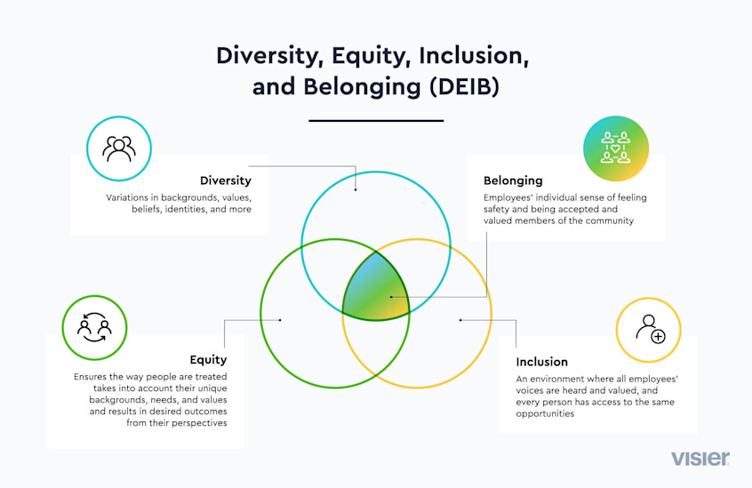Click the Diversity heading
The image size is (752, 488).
coord(225,181)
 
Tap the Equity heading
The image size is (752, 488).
coord(208,360)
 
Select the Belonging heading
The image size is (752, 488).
coord(513,180)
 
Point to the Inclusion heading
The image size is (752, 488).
coord(542,362)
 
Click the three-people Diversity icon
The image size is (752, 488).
coord(118,148)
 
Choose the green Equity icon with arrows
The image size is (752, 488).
coord(94,326)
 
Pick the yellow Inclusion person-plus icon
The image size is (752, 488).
coord(649,330)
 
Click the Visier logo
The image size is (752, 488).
coord(700,459)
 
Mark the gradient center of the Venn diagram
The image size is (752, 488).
coord(376,289)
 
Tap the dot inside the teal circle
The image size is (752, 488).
coord(356,188)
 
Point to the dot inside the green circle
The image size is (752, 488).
coord(280,319)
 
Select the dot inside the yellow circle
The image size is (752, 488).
coord(460,319)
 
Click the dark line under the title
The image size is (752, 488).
coord(376,120)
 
